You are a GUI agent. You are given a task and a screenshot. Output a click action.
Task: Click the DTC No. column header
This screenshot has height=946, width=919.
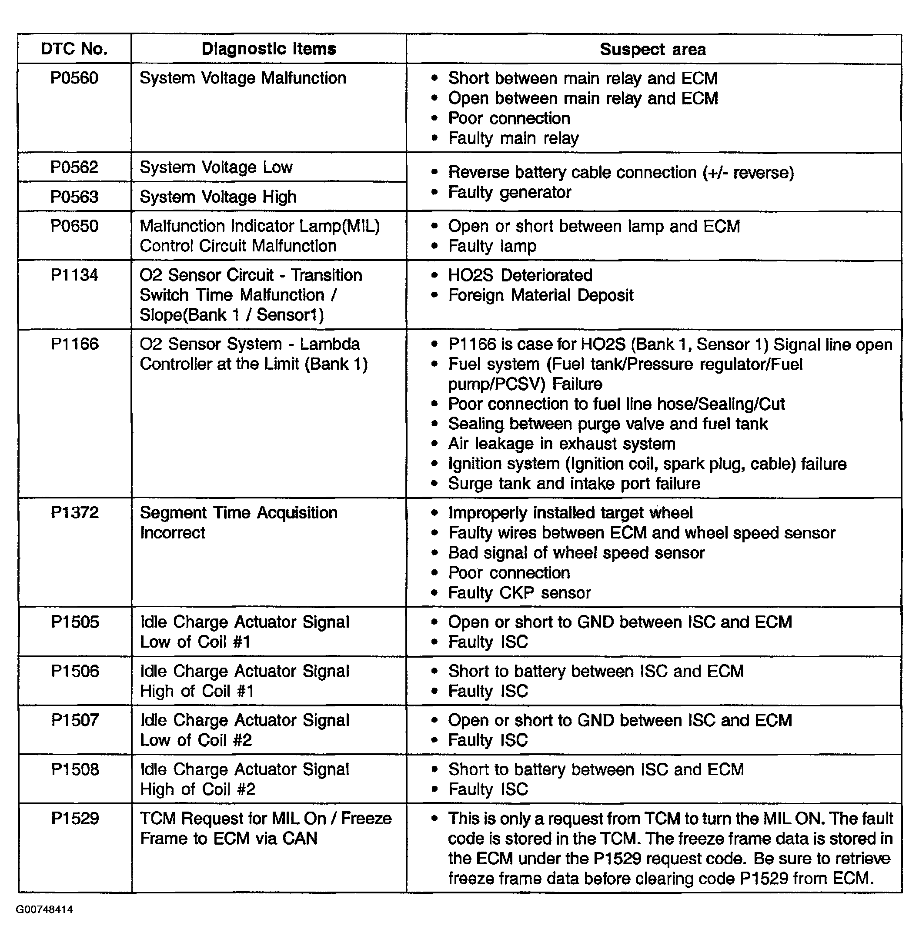74,49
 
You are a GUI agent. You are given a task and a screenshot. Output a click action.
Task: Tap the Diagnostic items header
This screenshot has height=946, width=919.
269,49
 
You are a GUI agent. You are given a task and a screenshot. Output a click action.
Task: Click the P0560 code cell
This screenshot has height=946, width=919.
74,78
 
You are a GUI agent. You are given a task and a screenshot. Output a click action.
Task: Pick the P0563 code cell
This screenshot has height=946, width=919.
74,197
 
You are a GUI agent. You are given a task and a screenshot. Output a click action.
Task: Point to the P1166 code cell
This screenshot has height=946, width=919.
75,344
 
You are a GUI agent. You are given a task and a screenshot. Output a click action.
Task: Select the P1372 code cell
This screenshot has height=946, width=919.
75,512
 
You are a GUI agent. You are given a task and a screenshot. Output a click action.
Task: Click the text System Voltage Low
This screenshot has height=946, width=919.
216,167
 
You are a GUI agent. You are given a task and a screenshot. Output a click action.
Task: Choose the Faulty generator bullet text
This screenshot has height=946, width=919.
510,193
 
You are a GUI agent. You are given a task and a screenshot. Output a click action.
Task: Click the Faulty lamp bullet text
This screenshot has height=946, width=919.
492,246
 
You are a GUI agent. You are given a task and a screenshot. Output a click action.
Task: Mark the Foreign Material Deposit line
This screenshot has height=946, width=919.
541,295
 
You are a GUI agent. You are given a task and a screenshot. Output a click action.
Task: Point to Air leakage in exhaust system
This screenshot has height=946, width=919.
562,444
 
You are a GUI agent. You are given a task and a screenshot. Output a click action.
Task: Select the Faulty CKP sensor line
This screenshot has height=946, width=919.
519,593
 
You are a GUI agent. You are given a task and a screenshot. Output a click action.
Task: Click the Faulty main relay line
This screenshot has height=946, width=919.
513,138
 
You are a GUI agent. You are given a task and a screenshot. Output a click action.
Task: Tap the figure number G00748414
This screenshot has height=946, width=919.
44,910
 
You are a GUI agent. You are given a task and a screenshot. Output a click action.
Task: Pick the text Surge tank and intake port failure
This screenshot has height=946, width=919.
574,484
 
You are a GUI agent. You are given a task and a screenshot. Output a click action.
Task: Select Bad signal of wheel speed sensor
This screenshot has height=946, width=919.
576,553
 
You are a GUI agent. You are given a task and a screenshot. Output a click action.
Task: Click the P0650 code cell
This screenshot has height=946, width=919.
74,226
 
